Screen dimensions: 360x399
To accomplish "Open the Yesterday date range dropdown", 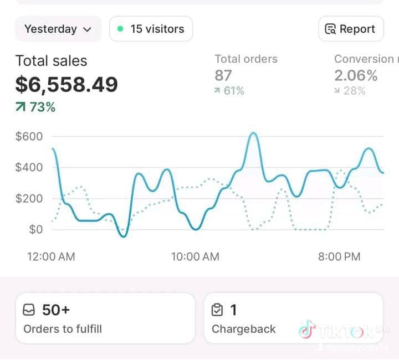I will (58, 29).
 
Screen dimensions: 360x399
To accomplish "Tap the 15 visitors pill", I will (151, 29).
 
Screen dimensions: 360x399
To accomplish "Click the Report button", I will (351, 29).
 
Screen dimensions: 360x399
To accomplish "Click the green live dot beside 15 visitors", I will (120, 29).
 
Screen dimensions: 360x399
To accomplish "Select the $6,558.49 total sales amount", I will (66, 84).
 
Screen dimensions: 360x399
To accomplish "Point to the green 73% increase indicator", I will (36, 107).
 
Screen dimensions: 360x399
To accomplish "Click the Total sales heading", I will (51, 61).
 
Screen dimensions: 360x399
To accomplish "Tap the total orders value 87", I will (223, 76).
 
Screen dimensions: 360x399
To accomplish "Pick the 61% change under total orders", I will (229, 91).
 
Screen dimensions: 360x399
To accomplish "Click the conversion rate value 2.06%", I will (356, 76).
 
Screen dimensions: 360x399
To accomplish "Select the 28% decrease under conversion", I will (350, 91).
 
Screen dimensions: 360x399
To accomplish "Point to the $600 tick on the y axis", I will (29, 136).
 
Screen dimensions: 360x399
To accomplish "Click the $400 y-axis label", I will (29, 167).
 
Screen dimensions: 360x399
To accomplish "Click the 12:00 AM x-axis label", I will (51, 256).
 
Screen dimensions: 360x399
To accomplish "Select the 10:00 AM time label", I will (195, 256).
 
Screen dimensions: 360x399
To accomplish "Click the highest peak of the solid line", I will (253, 133).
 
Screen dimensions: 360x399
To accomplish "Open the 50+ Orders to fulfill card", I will (105, 318).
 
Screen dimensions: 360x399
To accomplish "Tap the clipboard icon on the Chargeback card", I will (218, 310).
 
